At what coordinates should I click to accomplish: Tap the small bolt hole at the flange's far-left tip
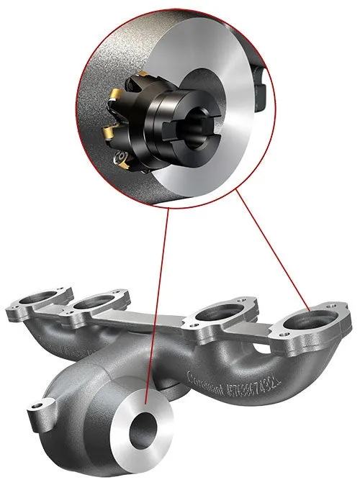(x=12, y=310)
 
